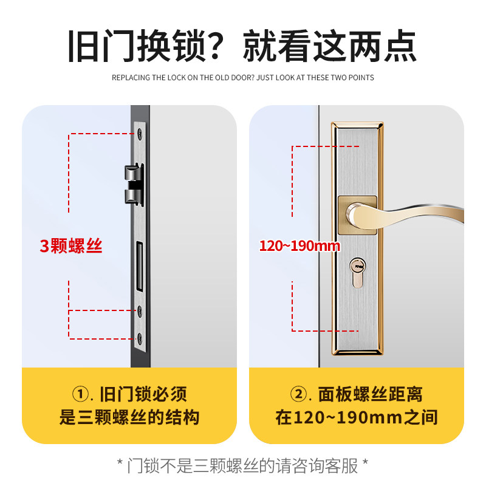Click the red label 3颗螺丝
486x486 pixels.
pyautogui.click(x=71, y=246)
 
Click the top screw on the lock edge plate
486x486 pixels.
pyautogui.click(x=140, y=132)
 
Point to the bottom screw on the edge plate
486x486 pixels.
pyautogui.click(x=140, y=338)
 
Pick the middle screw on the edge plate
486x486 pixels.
pyautogui.click(x=140, y=310)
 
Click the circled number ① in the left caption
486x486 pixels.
pyautogui.click(x=81, y=394)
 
